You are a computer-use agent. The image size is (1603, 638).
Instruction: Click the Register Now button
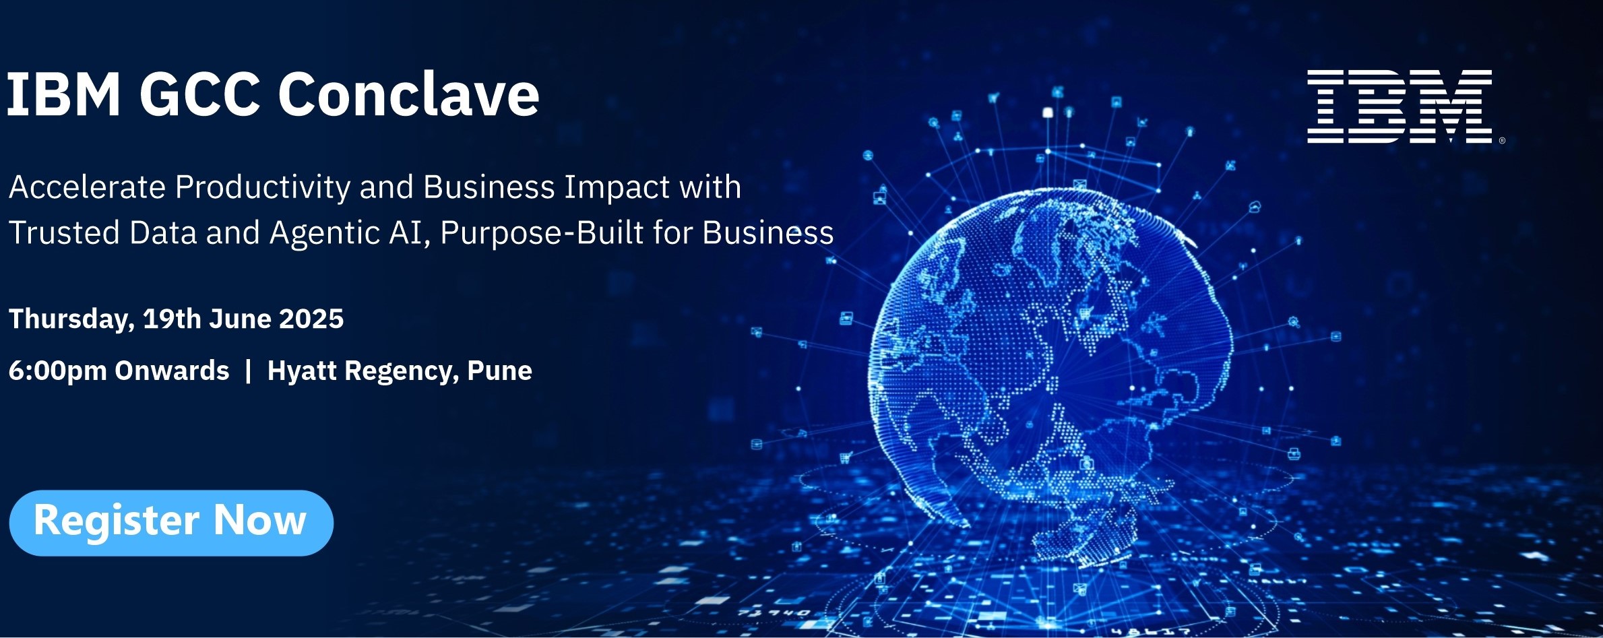171,523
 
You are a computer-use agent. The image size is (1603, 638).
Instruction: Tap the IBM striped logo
1400,106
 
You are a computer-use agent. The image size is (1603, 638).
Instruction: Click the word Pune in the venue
499,371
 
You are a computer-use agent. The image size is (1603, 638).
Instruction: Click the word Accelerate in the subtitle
87,187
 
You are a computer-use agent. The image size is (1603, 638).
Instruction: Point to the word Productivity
262,188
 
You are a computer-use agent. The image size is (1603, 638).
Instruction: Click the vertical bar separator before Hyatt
249,371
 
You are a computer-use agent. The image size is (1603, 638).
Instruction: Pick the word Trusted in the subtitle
64,232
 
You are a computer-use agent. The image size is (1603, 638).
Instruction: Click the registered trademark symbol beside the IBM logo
1502,141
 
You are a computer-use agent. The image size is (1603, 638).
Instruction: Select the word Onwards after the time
172,371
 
